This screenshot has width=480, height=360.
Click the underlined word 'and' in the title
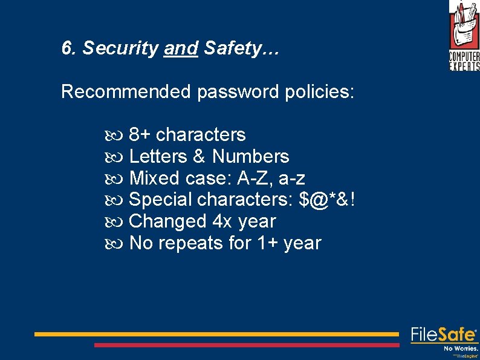pos(181,48)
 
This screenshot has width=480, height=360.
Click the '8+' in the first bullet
pos(140,134)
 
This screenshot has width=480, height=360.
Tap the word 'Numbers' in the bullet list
pos(251,156)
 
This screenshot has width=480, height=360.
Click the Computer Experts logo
pos(464,35)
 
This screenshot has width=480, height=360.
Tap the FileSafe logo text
pos(444,335)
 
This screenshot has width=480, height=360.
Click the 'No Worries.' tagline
pos(461,349)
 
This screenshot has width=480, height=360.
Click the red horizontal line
pos(247,345)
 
